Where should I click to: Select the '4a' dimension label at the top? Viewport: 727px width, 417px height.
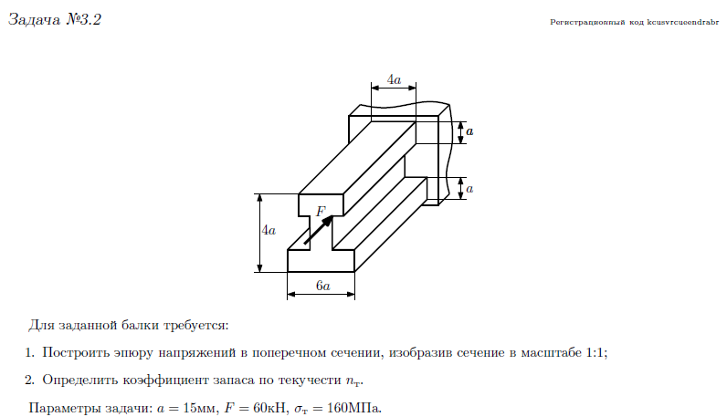pos(394,80)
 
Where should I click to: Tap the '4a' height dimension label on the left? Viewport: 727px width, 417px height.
pos(268,232)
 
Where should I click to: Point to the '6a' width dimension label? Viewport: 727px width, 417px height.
pos(322,286)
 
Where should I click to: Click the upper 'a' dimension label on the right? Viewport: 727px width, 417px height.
pos(469,132)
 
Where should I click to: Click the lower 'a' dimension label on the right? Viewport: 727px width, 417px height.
pos(469,189)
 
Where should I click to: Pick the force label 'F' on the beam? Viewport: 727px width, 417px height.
pos(321,212)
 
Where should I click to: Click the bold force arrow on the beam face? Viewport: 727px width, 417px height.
pos(317,230)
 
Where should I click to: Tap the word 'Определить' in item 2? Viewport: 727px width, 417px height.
pos(79,380)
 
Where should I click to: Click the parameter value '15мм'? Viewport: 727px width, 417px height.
pos(195,407)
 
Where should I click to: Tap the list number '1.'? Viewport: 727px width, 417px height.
pos(30,352)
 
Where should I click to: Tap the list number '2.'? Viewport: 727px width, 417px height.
pos(30,380)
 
